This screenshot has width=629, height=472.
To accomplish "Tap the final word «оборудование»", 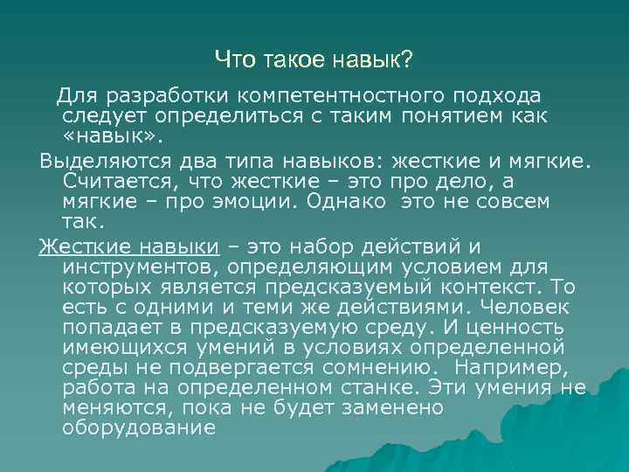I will [139, 428].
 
